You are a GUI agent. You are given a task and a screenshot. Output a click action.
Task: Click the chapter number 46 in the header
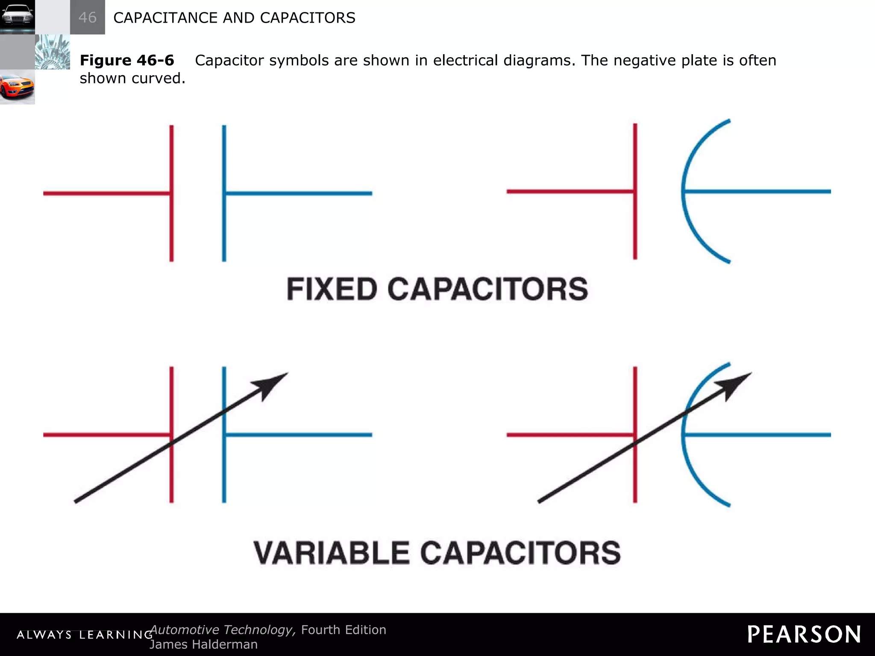tap(88, 18)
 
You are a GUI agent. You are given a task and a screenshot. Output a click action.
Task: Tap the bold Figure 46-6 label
tap(127, 60)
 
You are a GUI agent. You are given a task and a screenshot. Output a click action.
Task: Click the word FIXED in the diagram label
tap(332, 289)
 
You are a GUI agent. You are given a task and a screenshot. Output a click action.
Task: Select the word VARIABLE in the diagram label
tap(331, 553)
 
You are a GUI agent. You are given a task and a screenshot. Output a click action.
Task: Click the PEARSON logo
tap(804, 634)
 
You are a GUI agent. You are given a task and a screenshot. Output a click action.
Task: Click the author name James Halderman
tap(203, 644)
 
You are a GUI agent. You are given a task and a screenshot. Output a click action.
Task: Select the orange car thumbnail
tap(17, 87)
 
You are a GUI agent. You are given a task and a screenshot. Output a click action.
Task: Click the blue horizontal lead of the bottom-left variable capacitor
tap(299, 435)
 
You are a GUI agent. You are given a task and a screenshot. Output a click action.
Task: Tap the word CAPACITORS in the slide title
tap(308, 18)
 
